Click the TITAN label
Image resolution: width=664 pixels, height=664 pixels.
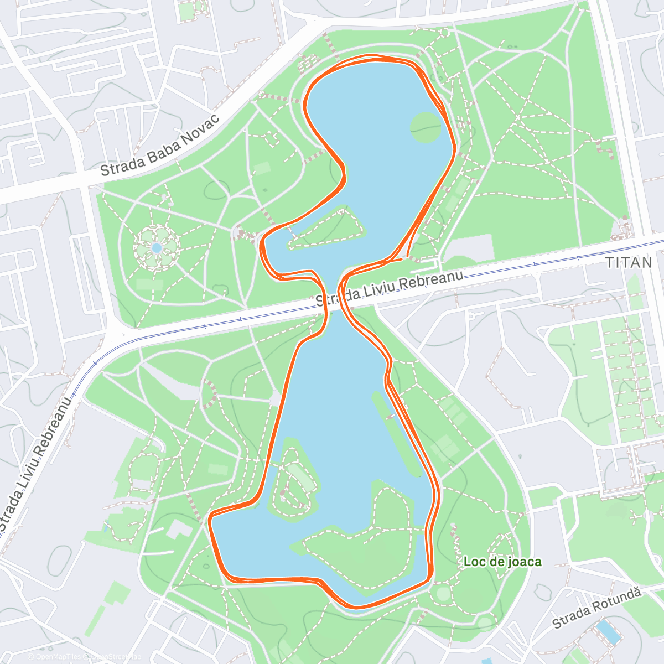629,262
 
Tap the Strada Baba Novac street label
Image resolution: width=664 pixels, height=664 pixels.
160,144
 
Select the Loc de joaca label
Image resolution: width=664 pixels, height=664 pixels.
502,562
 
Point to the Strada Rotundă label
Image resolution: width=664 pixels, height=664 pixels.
596,607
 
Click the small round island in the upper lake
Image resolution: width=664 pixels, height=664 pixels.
426,127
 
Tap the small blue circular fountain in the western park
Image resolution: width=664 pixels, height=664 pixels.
157,247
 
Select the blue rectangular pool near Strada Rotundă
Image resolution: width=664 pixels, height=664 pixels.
608,632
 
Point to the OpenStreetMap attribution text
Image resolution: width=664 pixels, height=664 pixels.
113,657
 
